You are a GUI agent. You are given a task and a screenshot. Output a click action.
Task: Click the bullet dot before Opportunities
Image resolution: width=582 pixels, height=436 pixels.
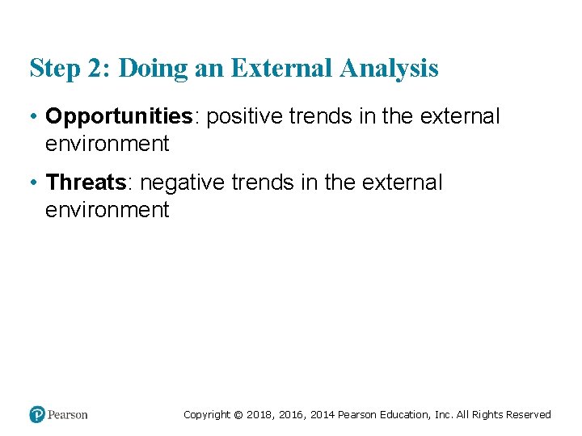pos(35,117)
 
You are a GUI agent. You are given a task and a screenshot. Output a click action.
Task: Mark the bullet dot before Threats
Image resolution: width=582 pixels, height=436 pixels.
pos(35,182)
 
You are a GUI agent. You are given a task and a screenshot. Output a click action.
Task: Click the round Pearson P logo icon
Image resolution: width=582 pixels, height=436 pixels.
pos(37,414)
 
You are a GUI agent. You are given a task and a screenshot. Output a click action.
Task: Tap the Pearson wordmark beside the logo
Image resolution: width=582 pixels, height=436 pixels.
pos(68,415)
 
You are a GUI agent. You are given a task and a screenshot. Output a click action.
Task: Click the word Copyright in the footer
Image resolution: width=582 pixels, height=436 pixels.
pos(206,415)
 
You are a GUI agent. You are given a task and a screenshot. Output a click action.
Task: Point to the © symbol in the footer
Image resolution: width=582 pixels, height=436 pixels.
pos(238,415)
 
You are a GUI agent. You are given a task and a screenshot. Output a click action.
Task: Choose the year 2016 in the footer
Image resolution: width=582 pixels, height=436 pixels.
pos(291,415)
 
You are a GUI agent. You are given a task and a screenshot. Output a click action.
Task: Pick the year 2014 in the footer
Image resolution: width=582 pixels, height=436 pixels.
pos(322,415)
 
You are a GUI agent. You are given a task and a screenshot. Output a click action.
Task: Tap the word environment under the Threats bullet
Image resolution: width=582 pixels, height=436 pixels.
pos(108,211)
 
